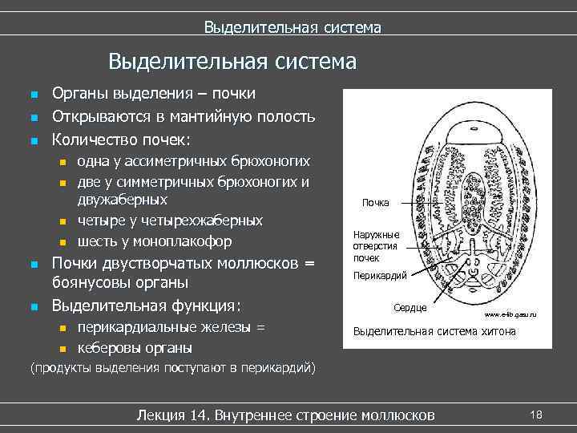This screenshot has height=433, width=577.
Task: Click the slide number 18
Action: (536, 414)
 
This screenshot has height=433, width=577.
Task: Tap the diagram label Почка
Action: (375, 203)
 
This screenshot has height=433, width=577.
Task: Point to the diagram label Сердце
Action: (410, 307)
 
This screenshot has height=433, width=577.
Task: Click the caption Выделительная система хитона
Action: (434, 330)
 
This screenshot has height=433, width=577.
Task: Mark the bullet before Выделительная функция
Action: (33, 306)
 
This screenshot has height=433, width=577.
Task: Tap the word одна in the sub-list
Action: (93, 160)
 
